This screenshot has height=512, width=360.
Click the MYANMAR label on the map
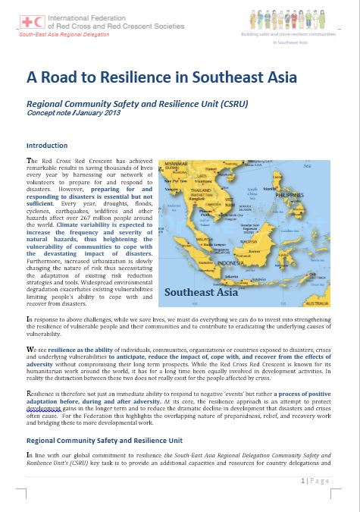coord(175,165)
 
